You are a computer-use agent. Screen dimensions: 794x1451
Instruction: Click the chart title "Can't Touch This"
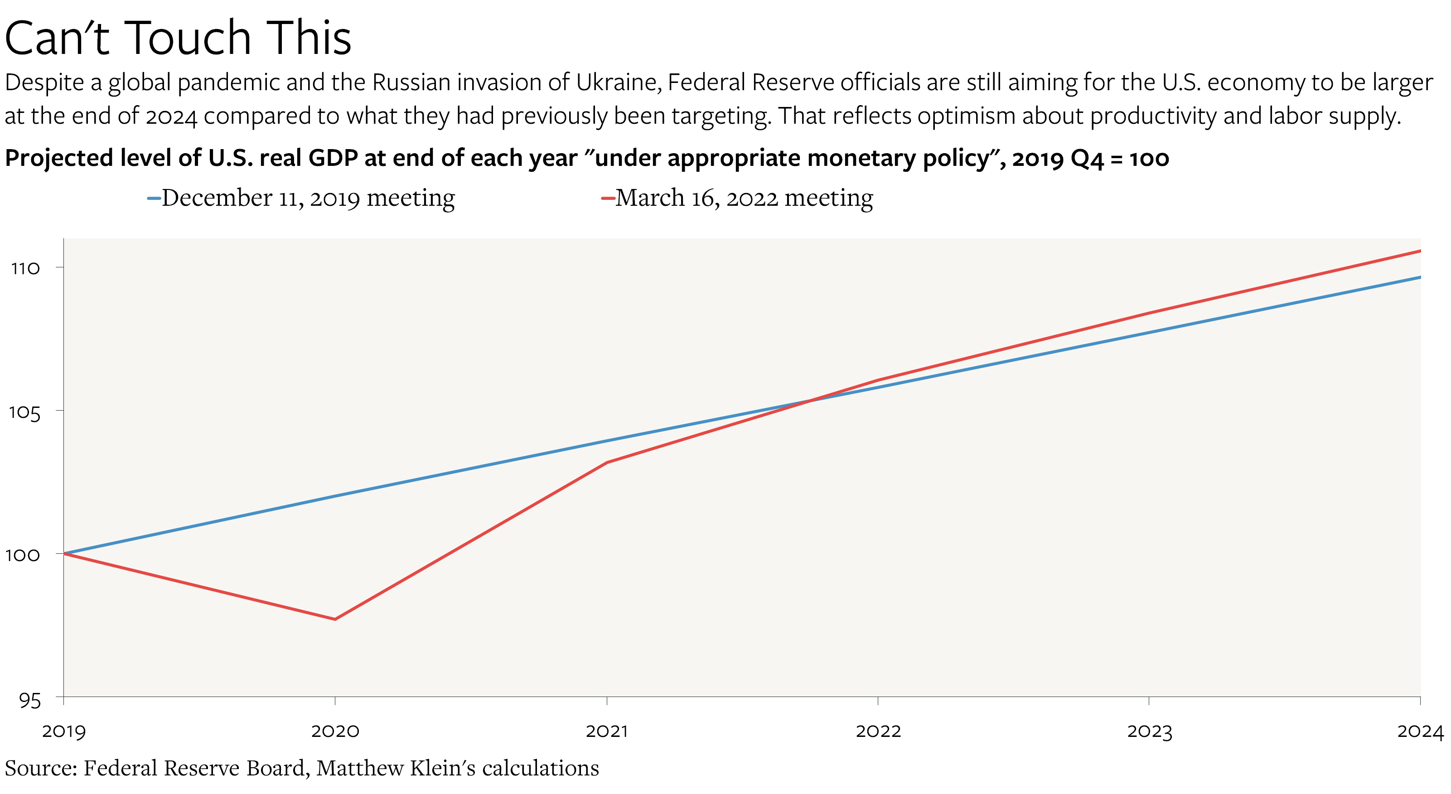178,39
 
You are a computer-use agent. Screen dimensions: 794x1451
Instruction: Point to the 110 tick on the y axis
25,268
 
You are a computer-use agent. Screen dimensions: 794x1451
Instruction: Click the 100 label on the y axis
23,555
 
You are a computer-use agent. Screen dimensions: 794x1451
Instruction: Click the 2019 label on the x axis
63,731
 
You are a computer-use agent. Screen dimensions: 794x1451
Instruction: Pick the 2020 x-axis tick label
335,731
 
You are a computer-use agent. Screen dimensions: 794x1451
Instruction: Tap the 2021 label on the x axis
607,731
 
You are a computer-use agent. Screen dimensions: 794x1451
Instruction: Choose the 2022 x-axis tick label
878,731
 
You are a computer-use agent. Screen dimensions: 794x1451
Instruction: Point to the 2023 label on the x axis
1150,731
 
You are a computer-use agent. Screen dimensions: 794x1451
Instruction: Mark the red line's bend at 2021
607,463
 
